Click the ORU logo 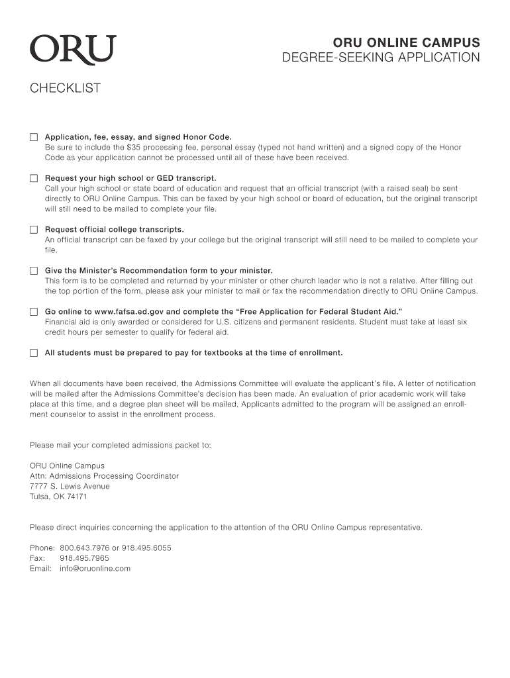[x=72, y=50]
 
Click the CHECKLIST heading [x=65, y=88]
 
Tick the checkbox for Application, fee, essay [x=34, y=137]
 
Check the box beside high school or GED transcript [x=34, y=178]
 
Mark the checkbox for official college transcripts [x=34, y=230]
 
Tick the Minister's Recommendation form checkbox [x=34, y=271]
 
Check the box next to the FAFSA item [x=34, y=311]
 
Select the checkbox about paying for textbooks [x=34, y=353]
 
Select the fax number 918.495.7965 [x=84, y=558]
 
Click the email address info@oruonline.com [x=95, y=568]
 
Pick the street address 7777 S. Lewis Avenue [x=70, y=486]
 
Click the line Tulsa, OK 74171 [x=58, y=497]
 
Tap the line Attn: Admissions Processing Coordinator [x=104, y=476]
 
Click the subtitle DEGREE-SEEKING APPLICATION [x=381, y=58]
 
